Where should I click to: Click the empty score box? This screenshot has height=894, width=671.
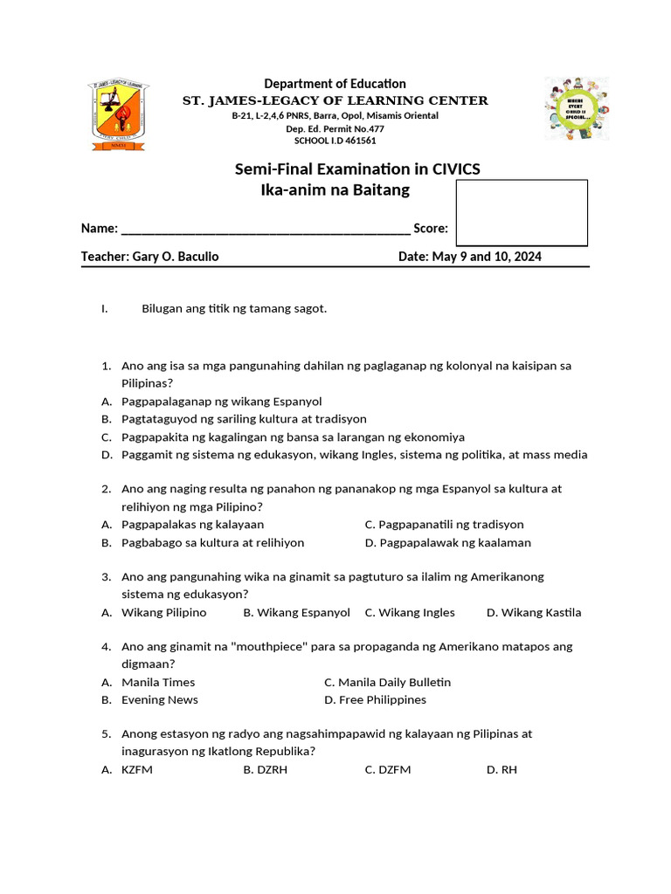(522, 213)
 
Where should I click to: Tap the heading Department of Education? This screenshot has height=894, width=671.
(335, 84)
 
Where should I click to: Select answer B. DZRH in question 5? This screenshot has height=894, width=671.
(266, 770)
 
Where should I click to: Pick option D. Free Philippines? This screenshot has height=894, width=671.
(375, 700)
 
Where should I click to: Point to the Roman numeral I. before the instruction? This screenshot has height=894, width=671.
(104, 309)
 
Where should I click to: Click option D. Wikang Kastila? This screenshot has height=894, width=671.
(533, 613)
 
